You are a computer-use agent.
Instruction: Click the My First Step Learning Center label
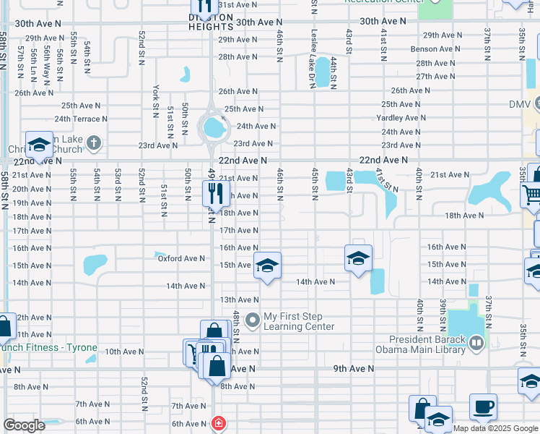(x=298, y=321)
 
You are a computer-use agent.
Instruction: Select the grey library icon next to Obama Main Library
(x=476, y=344)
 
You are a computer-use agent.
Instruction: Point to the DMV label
(x=519, y=104)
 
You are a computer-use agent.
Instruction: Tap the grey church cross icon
(x=94, y=142)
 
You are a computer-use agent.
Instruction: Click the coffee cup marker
(x=483, y=407)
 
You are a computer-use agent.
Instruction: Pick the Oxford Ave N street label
(x=181, y=258)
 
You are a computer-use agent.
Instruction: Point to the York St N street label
(x=156, y=101)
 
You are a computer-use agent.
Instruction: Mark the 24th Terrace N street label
(x=81, y=119)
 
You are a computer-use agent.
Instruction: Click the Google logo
(x=23, y=425)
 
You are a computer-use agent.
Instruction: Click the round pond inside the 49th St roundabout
(x=212, y=128)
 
